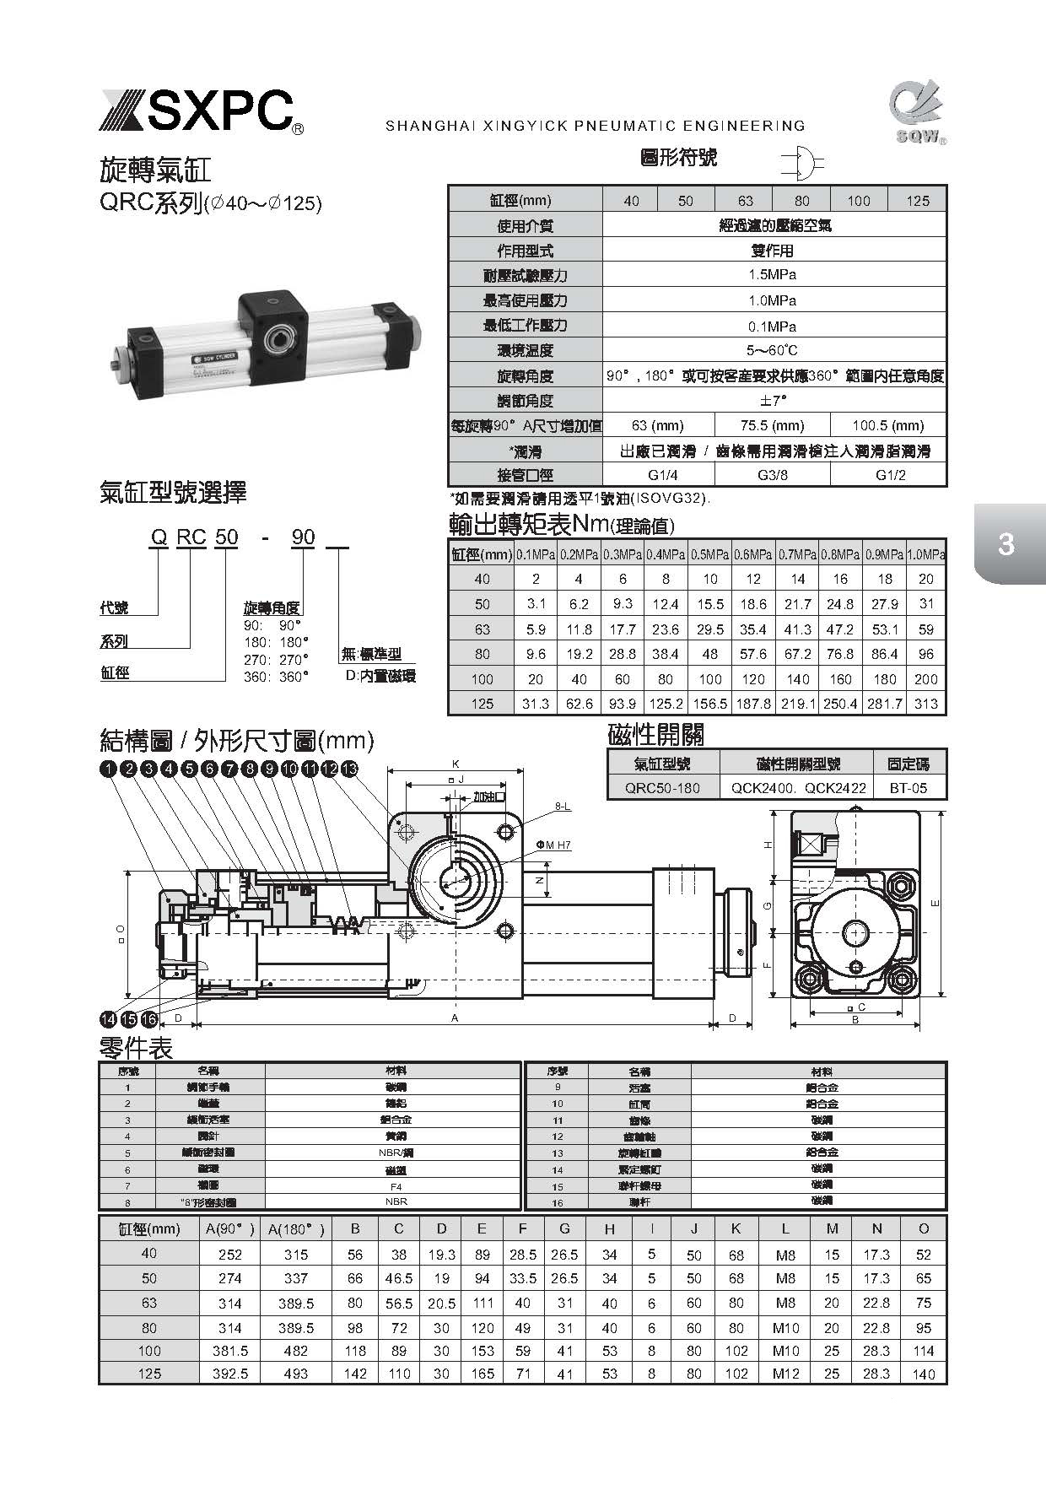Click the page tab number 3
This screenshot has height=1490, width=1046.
click(x=1006, y=545)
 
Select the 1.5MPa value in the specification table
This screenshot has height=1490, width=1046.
click(x=773, y=275)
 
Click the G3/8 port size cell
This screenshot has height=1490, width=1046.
click(x=772, y=475)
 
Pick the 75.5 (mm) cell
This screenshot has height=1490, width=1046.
click(x=772, y=425)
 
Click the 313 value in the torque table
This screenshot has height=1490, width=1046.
click(x=926, y=704)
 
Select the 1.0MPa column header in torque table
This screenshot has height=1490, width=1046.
click(x=926, y=554)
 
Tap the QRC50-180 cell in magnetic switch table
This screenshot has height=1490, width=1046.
click(x=663, y=788)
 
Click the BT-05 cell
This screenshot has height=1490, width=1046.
click(x=909, y=788)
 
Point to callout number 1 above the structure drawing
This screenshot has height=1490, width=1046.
click(x=107, y=769)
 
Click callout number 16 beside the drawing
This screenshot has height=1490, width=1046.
click(x=149, y=1019)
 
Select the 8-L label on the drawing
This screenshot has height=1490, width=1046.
click(x=563, y=807)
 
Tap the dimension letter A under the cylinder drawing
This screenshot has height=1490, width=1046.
click(x=455, y=1019)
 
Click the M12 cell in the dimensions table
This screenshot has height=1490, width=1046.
click(x=785, y=1374)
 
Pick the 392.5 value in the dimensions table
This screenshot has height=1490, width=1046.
click(x=230, y=1374)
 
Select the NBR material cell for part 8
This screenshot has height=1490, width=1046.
click(x=396, y=1201)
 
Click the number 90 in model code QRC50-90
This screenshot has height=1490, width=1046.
click(x=303, y=537)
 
